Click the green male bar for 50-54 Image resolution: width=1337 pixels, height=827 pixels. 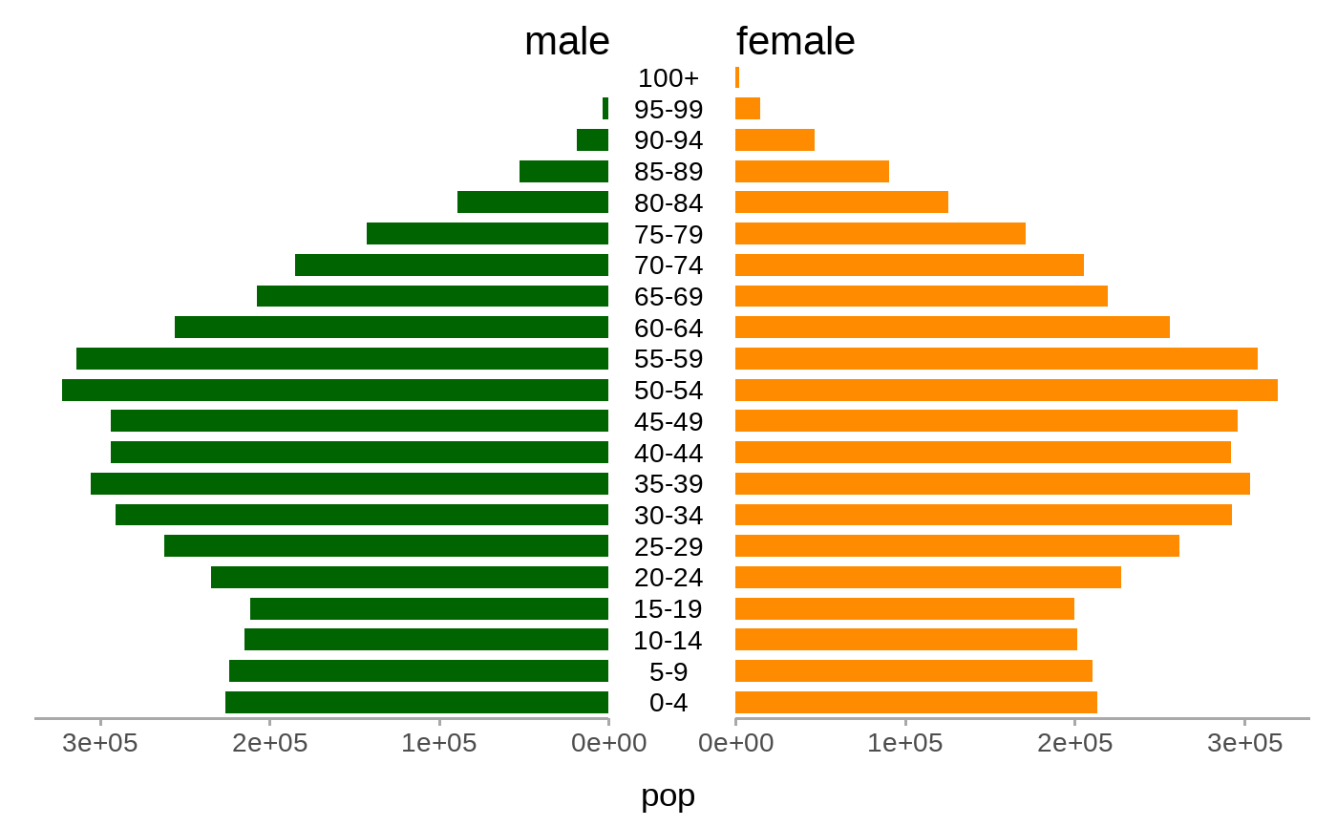(334, 390)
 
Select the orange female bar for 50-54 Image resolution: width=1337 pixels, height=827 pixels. (1006, 390)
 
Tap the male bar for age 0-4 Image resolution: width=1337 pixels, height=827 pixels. (416, 702)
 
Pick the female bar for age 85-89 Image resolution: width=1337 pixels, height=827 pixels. (812, 171)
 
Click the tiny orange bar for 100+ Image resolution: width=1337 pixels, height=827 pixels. (737, 77)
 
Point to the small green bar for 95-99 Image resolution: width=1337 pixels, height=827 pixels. (605, 109)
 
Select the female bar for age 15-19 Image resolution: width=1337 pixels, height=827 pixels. (904, 608)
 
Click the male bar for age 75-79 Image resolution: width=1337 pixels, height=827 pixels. (487, 234)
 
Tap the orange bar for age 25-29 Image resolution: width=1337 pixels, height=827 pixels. (957, 545)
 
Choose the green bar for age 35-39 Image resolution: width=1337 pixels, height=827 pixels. (350, 483)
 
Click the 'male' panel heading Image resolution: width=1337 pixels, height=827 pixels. (566, 41)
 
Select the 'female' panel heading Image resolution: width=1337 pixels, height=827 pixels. (796, 41)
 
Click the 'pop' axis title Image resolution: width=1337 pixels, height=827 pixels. (668, 795)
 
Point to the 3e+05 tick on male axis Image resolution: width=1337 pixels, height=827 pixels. (99, 743)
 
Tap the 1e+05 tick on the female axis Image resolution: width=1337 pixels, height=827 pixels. (904, 743)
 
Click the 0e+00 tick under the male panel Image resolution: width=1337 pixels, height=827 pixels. (608, 743)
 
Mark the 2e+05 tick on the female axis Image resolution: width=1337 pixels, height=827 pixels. (1074, 743)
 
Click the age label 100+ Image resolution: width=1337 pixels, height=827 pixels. (668, 77)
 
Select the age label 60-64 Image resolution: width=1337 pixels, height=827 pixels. (668, 328)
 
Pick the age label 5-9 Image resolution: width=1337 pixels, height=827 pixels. (668, 670)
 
